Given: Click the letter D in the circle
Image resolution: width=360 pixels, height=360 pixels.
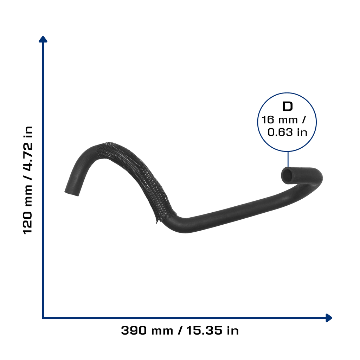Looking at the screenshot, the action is click(288, 106).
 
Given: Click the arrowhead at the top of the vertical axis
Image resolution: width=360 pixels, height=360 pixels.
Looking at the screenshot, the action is click(43, 39).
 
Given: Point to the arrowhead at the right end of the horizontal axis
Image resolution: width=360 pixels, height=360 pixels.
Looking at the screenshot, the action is click(329, 318).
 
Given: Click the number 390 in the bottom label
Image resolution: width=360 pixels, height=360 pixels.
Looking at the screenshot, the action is click(134, 330).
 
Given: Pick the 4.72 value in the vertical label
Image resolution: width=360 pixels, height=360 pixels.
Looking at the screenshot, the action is click(28, 157).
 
